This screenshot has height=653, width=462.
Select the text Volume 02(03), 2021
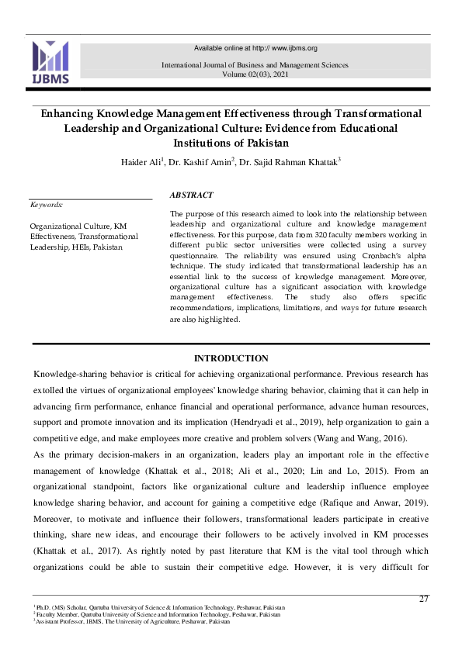254,74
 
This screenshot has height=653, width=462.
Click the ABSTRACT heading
191,195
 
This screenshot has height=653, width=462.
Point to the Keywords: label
46,205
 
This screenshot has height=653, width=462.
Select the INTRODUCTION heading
231,358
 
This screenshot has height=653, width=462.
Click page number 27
423,599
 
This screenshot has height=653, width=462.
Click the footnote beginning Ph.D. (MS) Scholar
159,607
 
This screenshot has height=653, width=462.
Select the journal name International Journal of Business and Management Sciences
255,65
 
